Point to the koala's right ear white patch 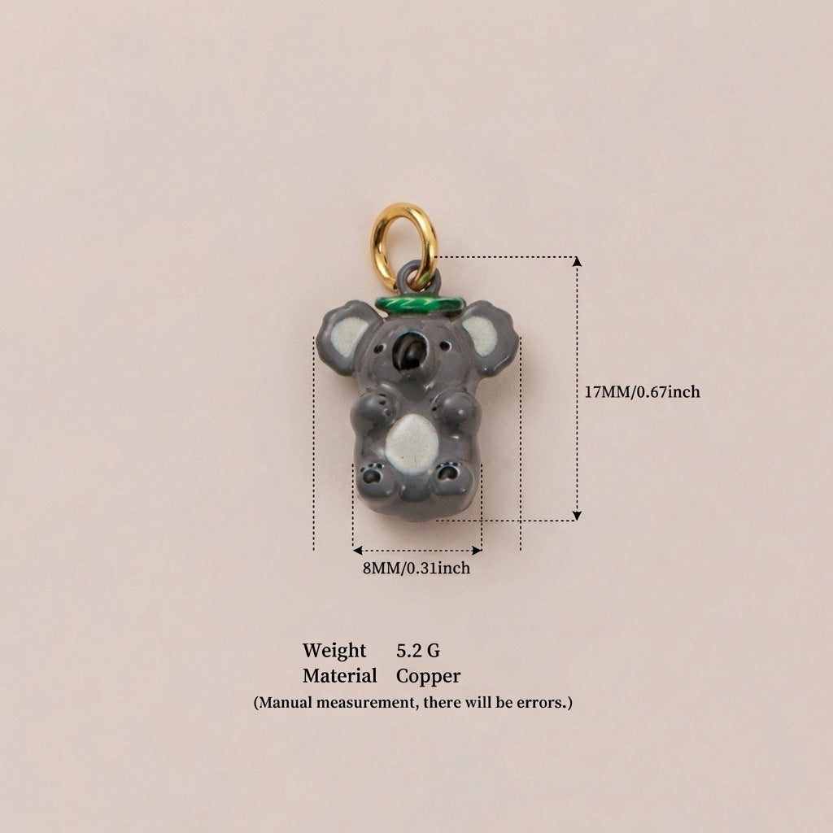[x=481, y=334]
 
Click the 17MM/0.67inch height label [x=643, y=392]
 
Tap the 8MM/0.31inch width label [x=416, y=568]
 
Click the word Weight [x=334, y=651]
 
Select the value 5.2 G [x=418, y=650]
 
